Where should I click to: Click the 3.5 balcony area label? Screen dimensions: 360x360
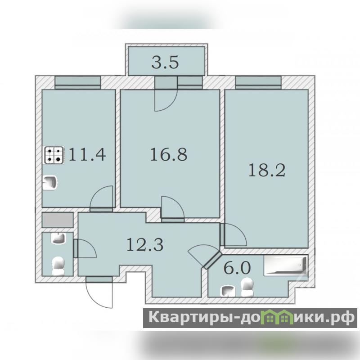[x=165, y=63]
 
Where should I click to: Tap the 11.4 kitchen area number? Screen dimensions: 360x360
[x=87, y=154]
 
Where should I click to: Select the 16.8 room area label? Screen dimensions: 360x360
[x=169, y=154]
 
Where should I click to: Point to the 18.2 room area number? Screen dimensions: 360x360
[x=267, y=171]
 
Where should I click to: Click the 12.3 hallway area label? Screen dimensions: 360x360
[x=145, y=244]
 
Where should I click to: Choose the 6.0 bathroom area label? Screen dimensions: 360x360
[x=237, y=268]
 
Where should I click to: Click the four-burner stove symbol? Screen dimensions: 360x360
[x=54, y=155]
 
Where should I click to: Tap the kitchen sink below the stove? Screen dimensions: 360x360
[x=50, y=183]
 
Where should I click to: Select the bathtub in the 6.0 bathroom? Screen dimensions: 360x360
[x=286, y=265]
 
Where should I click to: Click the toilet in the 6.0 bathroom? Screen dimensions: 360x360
[x=247, y=287]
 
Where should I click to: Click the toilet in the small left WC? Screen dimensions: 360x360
[x=58, y=266]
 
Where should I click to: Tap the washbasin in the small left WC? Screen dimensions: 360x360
[x=58, y=238]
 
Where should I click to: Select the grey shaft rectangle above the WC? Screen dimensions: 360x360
[x=58, y=220]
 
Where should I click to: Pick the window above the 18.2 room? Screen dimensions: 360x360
[x=258, y=82]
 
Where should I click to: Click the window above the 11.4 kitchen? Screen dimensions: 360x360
[x=77, y=82]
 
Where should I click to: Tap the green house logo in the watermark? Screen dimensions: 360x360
[x=279, y=317]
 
